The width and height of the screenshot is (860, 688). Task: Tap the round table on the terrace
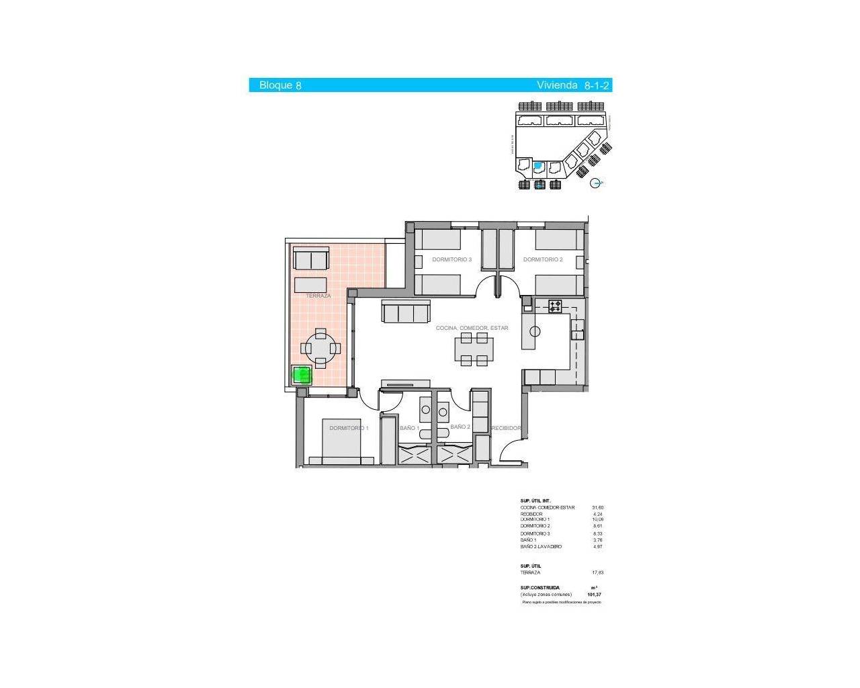click(320, 348)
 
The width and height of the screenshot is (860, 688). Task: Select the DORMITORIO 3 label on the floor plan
click(451, 259)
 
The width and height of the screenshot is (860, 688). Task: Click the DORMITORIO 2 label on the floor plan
click(543, 259)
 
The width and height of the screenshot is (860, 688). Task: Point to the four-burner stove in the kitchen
click(555, 306)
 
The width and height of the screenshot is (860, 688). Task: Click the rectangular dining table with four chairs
click(474, 349)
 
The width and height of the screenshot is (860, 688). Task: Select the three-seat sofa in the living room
click(405, 312)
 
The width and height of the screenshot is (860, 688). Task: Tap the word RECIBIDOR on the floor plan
click(506, 428)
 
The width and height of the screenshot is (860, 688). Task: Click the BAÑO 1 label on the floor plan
click(409, 428)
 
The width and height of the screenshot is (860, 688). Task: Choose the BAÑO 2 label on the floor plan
click(460, 427)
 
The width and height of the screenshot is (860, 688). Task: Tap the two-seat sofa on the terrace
click(312, 259)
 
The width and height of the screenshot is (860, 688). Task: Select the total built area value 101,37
click(594, 595)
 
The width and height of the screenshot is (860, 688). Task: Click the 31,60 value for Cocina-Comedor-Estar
click(597, 508)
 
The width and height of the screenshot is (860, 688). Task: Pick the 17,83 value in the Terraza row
click(597, 572)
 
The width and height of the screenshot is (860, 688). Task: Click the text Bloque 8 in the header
click(280, 85)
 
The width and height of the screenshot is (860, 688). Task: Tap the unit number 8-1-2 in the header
click(597, 85)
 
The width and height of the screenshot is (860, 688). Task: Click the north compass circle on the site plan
click(595, 183)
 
